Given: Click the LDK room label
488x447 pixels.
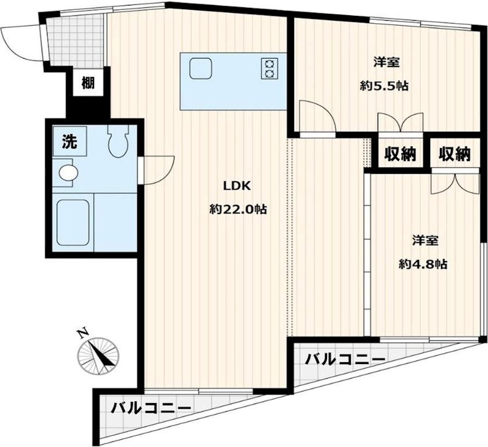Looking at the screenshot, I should coord(237,187).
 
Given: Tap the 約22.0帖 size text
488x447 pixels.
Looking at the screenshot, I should coord(237,209).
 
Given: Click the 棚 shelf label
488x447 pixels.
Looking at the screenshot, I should coord(88,82).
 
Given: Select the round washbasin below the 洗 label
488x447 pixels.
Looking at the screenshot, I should coord(68,173).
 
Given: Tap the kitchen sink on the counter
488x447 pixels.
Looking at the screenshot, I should coord(199,67).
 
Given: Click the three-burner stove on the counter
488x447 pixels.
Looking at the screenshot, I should coord(269,67).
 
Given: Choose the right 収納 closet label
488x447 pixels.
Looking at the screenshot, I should coord(454,154).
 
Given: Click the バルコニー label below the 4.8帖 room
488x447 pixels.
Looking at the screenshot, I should coord(345,359).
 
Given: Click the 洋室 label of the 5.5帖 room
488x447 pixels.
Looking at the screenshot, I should coord(384,62).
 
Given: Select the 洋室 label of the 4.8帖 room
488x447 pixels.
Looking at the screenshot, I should coord(423,240).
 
